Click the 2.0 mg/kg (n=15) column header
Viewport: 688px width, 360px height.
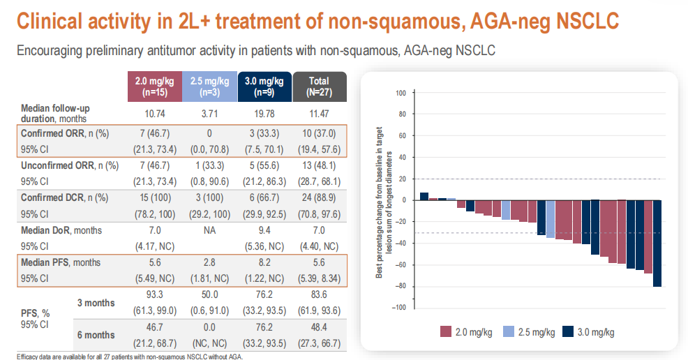154,86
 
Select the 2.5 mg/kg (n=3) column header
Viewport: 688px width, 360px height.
209,86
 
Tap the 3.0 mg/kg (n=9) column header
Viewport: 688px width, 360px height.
264,86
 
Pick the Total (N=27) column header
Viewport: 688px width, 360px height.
319,86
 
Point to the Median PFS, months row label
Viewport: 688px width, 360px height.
60,262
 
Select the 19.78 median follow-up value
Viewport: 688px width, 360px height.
264,112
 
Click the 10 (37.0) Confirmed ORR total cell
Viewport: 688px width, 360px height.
319,133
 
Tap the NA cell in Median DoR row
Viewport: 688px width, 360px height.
209,230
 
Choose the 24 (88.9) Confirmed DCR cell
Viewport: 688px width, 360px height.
319,197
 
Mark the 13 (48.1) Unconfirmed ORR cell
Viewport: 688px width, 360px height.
319,165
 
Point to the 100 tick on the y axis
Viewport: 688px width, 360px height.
401,93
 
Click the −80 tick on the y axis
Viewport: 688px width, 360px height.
399,286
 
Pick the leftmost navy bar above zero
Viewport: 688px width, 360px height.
424,197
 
